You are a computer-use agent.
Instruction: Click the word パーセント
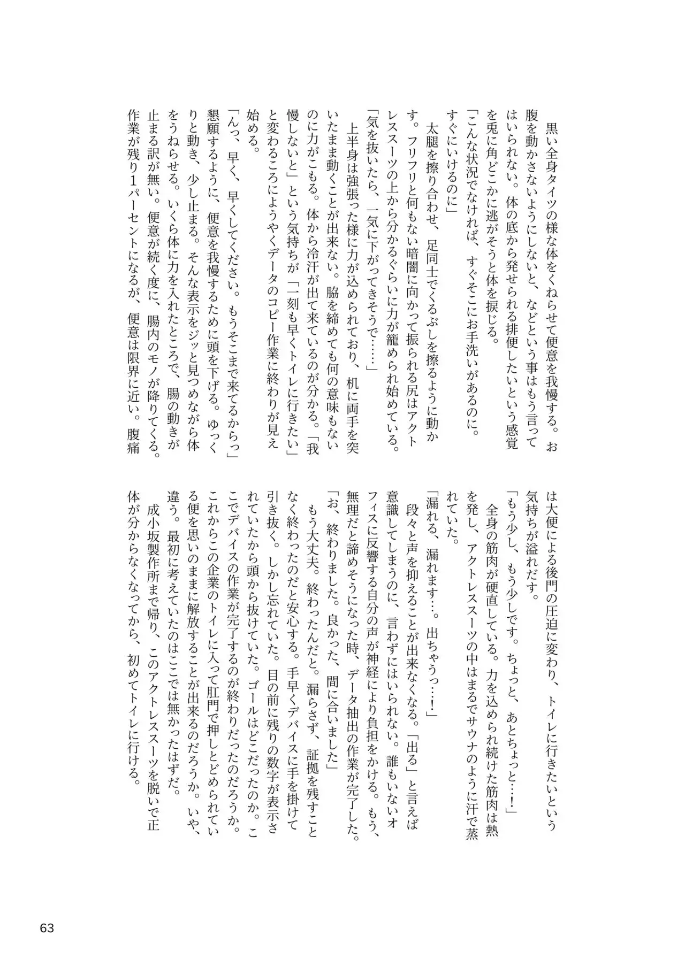pyautogui.click(x=133, y=297)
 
